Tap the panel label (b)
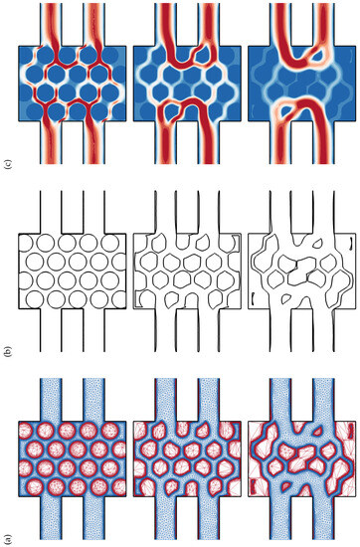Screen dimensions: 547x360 (x=9, y=351)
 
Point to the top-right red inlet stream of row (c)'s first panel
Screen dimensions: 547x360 (x=92, y=20)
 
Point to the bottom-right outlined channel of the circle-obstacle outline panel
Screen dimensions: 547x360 (x=92, y=338)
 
